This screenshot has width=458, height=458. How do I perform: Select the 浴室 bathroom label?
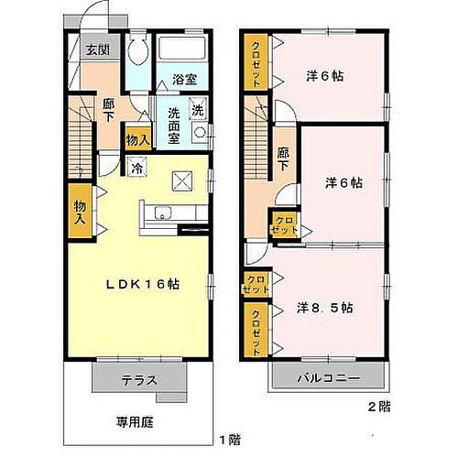(x=184, y=80)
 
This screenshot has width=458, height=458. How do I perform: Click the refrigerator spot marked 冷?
(x=136, y=168)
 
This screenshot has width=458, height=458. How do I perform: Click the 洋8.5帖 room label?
(x=325, y=309)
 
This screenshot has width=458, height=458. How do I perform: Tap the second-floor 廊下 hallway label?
(x=283, y=160)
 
